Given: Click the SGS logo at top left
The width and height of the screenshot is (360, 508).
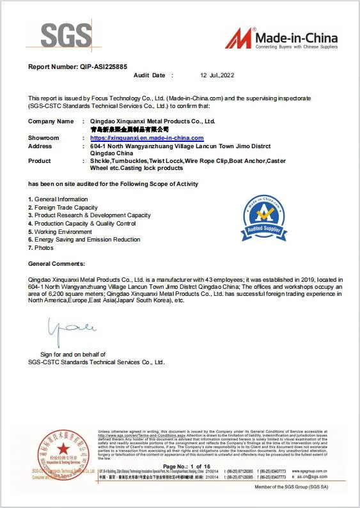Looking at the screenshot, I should (x=65, y=36).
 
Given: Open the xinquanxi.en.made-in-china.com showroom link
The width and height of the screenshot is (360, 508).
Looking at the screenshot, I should (x=146, y=138).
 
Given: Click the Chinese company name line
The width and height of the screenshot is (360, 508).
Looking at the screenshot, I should (x=130, y=129).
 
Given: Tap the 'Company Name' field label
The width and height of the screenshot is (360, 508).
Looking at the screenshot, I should (x=51, y=121).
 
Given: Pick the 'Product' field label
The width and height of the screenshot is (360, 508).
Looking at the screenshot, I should (x=40, y=161).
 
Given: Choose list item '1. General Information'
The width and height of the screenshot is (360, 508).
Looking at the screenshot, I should (x=58, y=199).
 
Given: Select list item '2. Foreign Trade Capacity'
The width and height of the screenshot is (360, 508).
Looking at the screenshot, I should (x=63, y=208).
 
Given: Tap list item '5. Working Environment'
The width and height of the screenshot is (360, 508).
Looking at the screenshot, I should (x=58, y=231).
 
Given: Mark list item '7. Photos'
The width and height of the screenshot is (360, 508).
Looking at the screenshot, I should (x=41, y=247).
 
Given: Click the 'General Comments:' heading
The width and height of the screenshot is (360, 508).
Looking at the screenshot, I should (x=56, y=263).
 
